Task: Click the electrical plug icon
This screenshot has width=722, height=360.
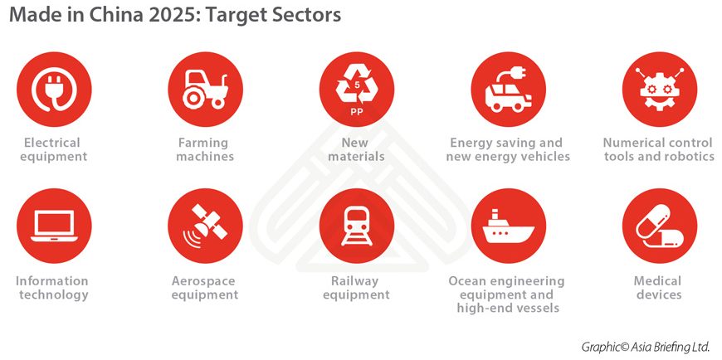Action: [x=54, y=90]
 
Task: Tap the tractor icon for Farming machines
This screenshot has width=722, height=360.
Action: [x=205, y=90]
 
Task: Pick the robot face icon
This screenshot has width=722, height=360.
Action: [x=660, y=90]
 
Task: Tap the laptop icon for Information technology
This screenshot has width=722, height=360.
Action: [x=54, y=226]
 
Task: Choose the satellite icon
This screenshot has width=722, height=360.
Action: [x=205, y=226]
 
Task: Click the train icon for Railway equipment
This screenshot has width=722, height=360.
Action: [x=357, y=226]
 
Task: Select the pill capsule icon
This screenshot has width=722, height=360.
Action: [x=660, y=226]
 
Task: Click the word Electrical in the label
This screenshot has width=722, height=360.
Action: [x=52, y=143]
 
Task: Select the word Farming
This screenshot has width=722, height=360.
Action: [x=203, y=144]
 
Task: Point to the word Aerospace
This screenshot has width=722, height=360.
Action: [x=203, y=281]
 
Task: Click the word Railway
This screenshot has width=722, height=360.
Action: [x=354, y=281]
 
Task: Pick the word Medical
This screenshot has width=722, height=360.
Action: [x=657, y=281]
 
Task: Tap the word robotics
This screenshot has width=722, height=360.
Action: [x=687, y=157]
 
